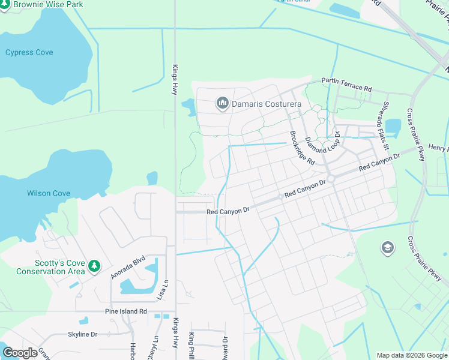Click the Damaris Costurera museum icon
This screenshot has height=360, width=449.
click(223, 104)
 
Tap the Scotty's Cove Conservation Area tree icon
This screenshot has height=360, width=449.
click(94, 265)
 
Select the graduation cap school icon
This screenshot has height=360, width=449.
click(387, 247)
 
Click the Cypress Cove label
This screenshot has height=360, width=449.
click(29, 53)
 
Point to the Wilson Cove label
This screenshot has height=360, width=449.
click(49, 193)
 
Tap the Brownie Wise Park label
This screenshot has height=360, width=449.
click(48, 4)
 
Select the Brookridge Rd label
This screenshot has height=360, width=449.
click(302, 149)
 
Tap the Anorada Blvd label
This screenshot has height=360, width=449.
click(128, 268)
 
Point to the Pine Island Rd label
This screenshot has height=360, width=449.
click(125, 311)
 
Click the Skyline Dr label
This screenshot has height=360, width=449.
click(83, 334)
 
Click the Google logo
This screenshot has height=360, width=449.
click(20, 353)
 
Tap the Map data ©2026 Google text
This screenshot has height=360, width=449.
click(411, 355)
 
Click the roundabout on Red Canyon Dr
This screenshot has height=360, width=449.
click(330, 178)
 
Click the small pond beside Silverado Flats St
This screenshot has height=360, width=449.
click(393, 127)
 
